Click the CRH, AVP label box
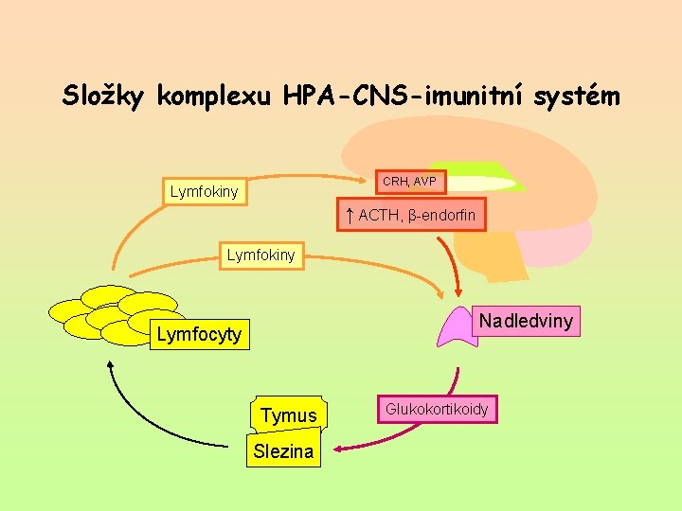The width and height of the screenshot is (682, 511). coord(408,181)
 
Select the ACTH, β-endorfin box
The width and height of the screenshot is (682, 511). coord(411,216)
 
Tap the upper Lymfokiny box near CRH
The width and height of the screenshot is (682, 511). coord(204,192)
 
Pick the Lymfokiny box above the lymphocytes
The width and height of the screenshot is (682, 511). coord(260,255)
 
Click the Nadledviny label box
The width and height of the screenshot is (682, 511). coord(525,321)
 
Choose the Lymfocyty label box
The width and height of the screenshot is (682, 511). coord(199,334)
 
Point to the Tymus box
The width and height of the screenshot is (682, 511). coord(288,415)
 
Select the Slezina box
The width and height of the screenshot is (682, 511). coord(283,451)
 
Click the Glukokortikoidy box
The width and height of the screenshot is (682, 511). coord(437,409)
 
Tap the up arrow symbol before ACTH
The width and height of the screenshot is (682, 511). coord(350,215)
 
